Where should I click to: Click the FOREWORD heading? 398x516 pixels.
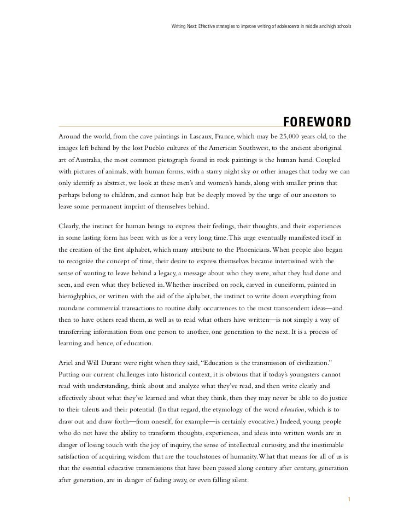pos(316,121)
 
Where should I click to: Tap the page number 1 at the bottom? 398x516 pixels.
pos(349,484)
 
